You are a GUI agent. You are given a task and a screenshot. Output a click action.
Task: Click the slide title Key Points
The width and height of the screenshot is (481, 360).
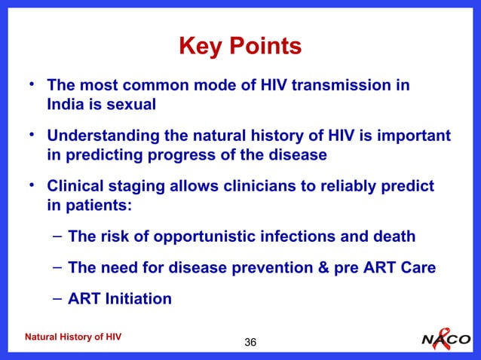[x=240, y=47]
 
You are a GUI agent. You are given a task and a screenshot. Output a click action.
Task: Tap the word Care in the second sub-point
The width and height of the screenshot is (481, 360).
[x=418, y=268]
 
